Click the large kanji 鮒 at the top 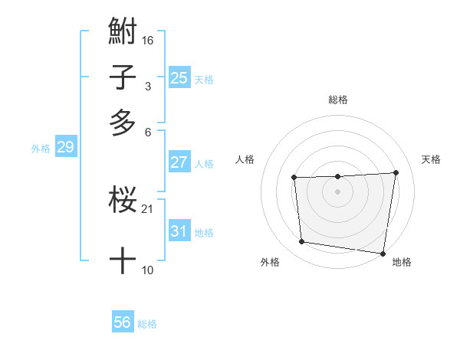123,33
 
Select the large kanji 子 123,77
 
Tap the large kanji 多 123,123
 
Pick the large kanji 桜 123,201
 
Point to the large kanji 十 123,260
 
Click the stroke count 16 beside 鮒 149,40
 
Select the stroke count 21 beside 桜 149,208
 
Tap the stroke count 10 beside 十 148,270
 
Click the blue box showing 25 179,77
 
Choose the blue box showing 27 179,162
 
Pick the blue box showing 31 179,231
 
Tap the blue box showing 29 64,147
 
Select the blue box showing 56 122,322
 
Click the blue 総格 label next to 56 147,324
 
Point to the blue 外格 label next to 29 41,149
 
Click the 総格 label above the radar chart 337,100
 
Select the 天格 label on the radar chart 432,159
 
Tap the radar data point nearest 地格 383,254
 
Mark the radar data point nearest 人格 294,178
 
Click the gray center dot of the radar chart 337,191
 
